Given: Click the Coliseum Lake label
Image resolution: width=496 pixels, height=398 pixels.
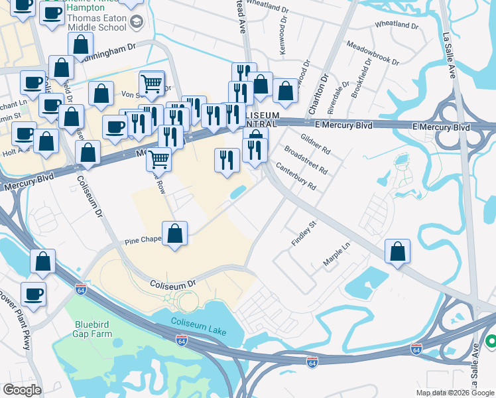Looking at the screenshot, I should [x=198, y=326].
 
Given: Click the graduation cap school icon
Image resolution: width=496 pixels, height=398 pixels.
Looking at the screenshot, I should [x=137, y=23].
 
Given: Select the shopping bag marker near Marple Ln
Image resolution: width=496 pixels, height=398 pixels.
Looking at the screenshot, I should [x=397, y=251].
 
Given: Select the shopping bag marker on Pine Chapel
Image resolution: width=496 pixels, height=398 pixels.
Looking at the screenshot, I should [x=175, y=234].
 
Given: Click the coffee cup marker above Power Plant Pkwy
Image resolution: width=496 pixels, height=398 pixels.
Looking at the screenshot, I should [x=33, y=293].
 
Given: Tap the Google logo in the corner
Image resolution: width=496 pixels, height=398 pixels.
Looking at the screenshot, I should [x=22, y=389].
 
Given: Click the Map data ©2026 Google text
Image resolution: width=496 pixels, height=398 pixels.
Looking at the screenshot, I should [x=455, y=393].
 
